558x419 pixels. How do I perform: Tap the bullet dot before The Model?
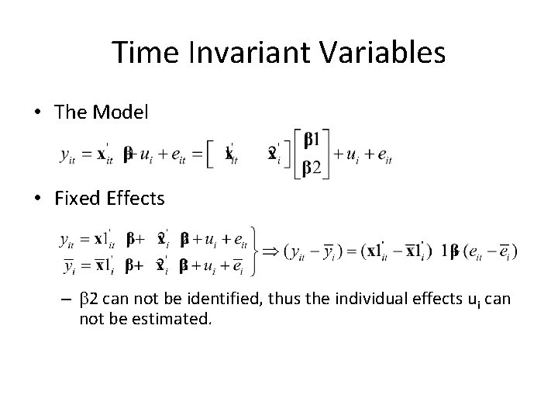pos(38,113)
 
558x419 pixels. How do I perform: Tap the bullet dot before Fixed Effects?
pos(38,199)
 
